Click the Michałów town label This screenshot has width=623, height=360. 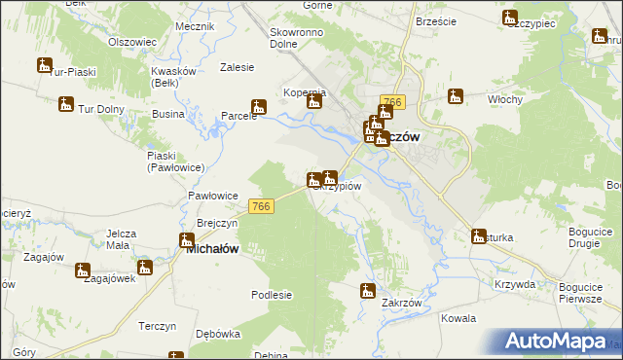tap(212, 249)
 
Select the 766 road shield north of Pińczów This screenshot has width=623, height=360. tap(393, 102)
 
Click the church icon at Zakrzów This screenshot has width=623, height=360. tap(368, 290)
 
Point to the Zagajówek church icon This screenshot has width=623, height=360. tap(83, 270)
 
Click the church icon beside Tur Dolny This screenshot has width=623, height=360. tap(65, 103)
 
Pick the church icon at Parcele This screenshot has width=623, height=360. tap(259, 107)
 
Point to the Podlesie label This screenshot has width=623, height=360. tap(272, 295)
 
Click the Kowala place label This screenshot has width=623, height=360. tap(458, 318)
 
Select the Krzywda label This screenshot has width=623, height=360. tap(514, 284)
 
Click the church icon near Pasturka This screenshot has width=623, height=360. tap(479, 235)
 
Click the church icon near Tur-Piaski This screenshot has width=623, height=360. tap(45, 66)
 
